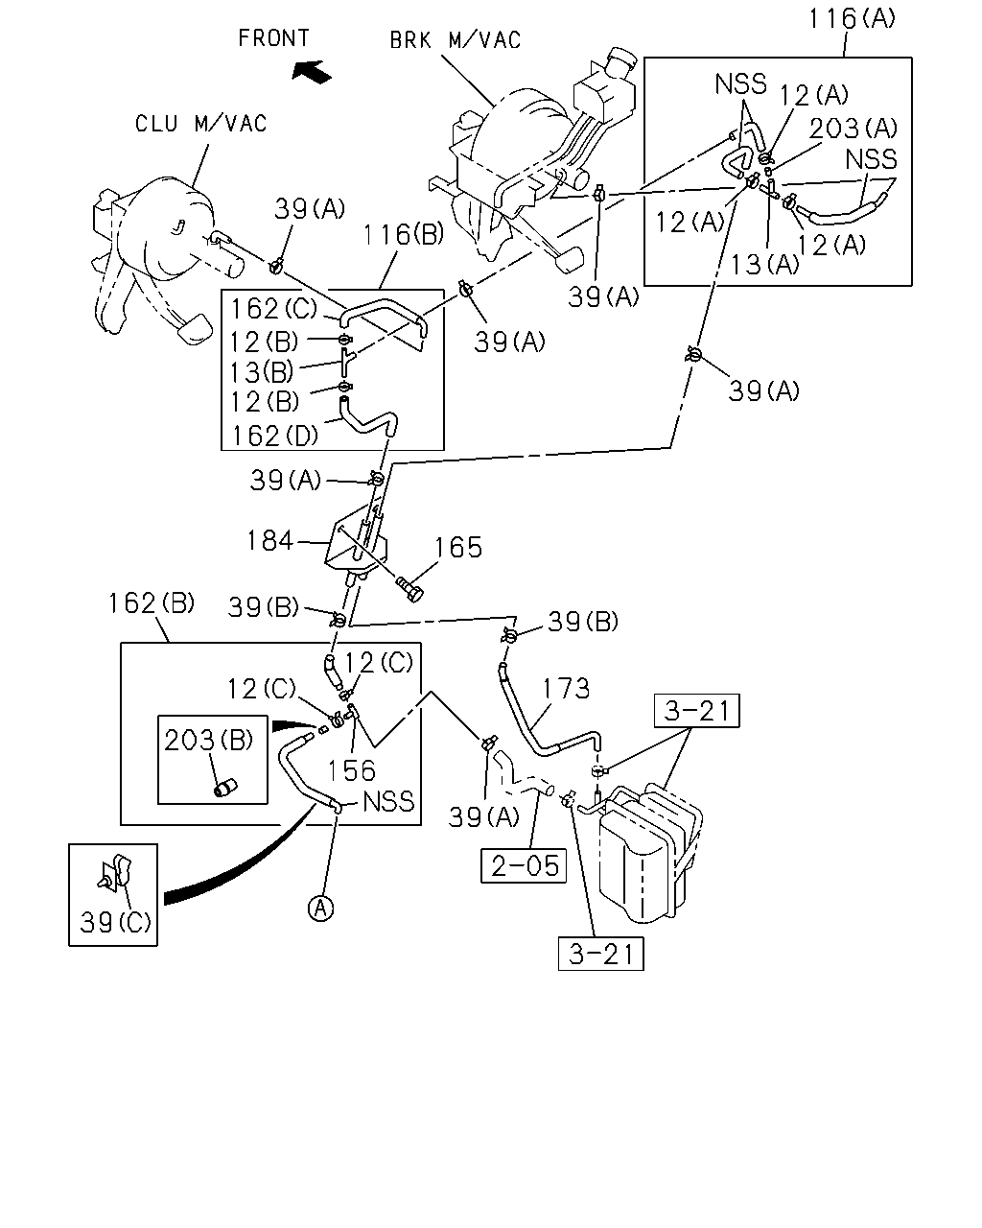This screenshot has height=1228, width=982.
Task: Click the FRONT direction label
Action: click(273, 38)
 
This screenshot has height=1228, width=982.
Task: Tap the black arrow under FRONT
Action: click(312, 72)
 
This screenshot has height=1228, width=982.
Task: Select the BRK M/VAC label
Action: click(456, 40)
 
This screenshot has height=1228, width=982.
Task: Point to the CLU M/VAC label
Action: click(200, 124)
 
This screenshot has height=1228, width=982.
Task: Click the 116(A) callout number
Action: click(852, 18)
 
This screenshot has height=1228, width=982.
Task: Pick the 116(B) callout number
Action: click(404, 234)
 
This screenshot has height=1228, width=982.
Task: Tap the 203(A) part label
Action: click(853, 128)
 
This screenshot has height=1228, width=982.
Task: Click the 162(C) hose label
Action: click(273, 309)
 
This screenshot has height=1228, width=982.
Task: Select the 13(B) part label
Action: click(262, 372)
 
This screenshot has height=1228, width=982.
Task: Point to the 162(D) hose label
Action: click(274, 436)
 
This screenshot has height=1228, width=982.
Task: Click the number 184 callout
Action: click(269, 540)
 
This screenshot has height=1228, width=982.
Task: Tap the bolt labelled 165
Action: click(409, 589)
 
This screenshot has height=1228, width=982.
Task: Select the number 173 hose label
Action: click(566, 689)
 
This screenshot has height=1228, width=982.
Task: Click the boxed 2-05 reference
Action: click(524, 865)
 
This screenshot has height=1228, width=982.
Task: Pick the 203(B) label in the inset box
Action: click(208, 740)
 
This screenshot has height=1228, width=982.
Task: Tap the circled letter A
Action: click(320, 908)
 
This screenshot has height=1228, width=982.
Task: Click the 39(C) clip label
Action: click(115, 922)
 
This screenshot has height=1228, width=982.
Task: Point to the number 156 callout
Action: click(351, 770)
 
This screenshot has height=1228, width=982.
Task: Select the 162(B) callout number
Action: click(152, 603)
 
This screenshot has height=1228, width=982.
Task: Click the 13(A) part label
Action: click(765, 264)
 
